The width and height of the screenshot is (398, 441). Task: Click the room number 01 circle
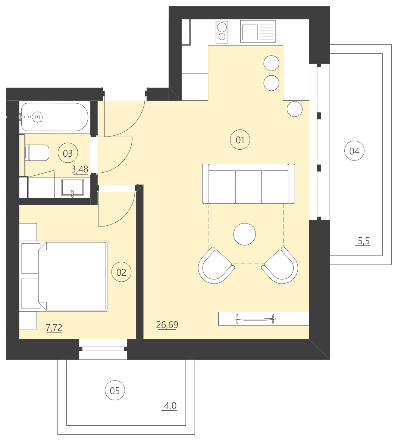click(240, 140)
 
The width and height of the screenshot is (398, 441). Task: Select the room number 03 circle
click(68, 153)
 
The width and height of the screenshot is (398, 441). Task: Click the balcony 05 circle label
click(115, 391)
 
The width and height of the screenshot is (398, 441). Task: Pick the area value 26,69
click(167, 325)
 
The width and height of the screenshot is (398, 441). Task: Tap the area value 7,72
click(54, 328)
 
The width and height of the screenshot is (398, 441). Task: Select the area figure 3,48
click(80, 169)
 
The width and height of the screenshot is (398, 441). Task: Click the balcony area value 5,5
click(363, 241)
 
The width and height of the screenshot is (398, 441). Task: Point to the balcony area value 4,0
click(170, 406)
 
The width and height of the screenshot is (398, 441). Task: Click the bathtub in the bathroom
click(54, 117)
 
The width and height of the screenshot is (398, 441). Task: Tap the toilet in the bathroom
click(37, 153)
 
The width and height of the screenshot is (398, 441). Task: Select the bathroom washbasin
click(72, 188)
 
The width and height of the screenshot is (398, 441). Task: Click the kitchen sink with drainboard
click(258, 31)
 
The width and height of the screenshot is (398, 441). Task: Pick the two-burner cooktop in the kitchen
click(222, 31)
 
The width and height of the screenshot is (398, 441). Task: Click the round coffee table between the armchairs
click(244, 234)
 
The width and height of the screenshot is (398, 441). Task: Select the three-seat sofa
click(248, 184)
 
